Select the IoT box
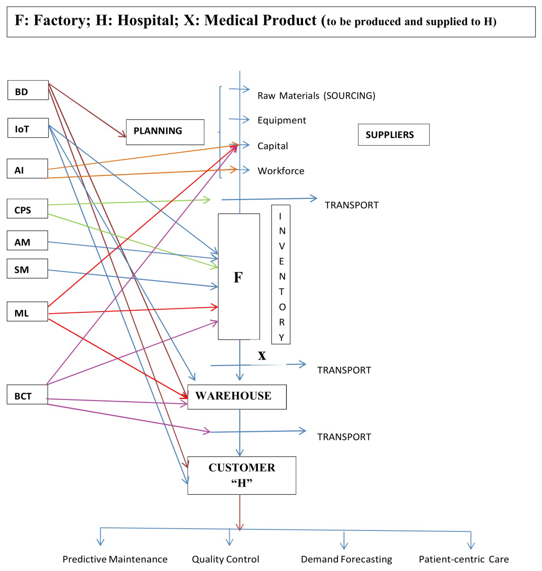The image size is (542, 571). pos(28,128)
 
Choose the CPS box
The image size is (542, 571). pos(27,209)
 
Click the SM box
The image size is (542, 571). pos(27,269)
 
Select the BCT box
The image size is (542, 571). pos(27,395)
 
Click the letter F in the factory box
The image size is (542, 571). pos(238,278)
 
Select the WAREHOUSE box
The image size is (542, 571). pos(237,397)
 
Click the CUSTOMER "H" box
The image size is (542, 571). pos(242,475)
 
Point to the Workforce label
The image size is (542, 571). pos(281,171)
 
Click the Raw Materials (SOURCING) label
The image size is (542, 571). pos(316,96)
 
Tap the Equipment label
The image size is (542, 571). pos(282,120)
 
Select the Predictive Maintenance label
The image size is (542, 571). pos(115,559)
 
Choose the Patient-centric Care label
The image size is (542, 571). pos(464,559)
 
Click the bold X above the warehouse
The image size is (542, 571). pos(262,356)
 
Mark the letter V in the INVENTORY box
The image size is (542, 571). pos(282,246)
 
